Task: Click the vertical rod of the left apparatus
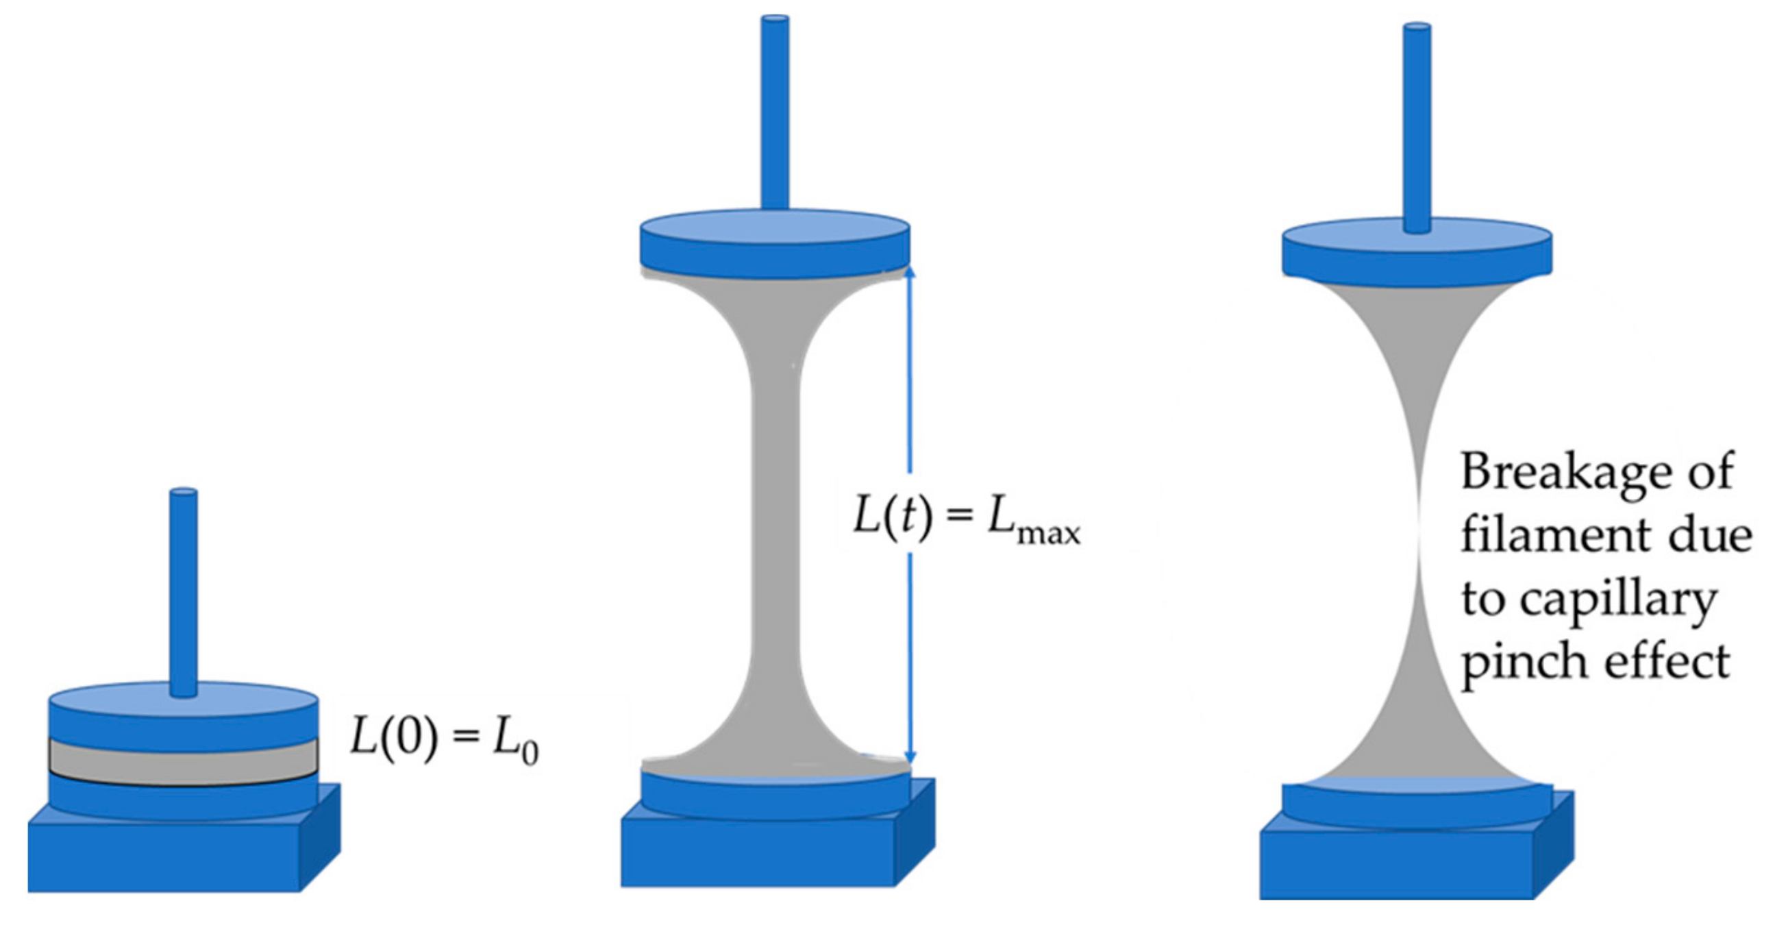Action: click(x=184, y=590)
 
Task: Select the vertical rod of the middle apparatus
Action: click(x=775, y=111)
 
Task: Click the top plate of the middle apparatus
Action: click(x=775, y=243)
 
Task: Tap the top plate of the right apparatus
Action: click(x=1417, y=254)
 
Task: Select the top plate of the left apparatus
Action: click(x=183, y=715)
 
